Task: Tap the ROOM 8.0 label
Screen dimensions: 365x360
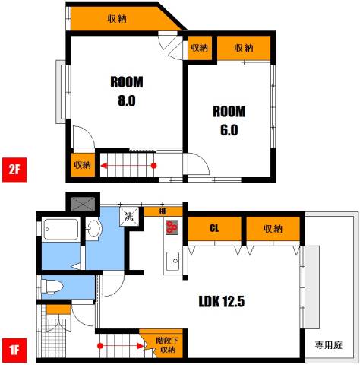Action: point(126,91)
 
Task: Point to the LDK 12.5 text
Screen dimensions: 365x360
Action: point(221,300)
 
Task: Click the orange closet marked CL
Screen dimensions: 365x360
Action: point(215,228)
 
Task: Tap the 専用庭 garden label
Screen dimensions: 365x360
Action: point(330,345)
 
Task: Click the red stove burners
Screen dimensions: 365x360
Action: point(172,227)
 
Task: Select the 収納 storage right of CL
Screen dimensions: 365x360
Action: point(273,228)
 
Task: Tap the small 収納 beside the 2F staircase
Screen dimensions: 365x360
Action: point(82,164)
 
